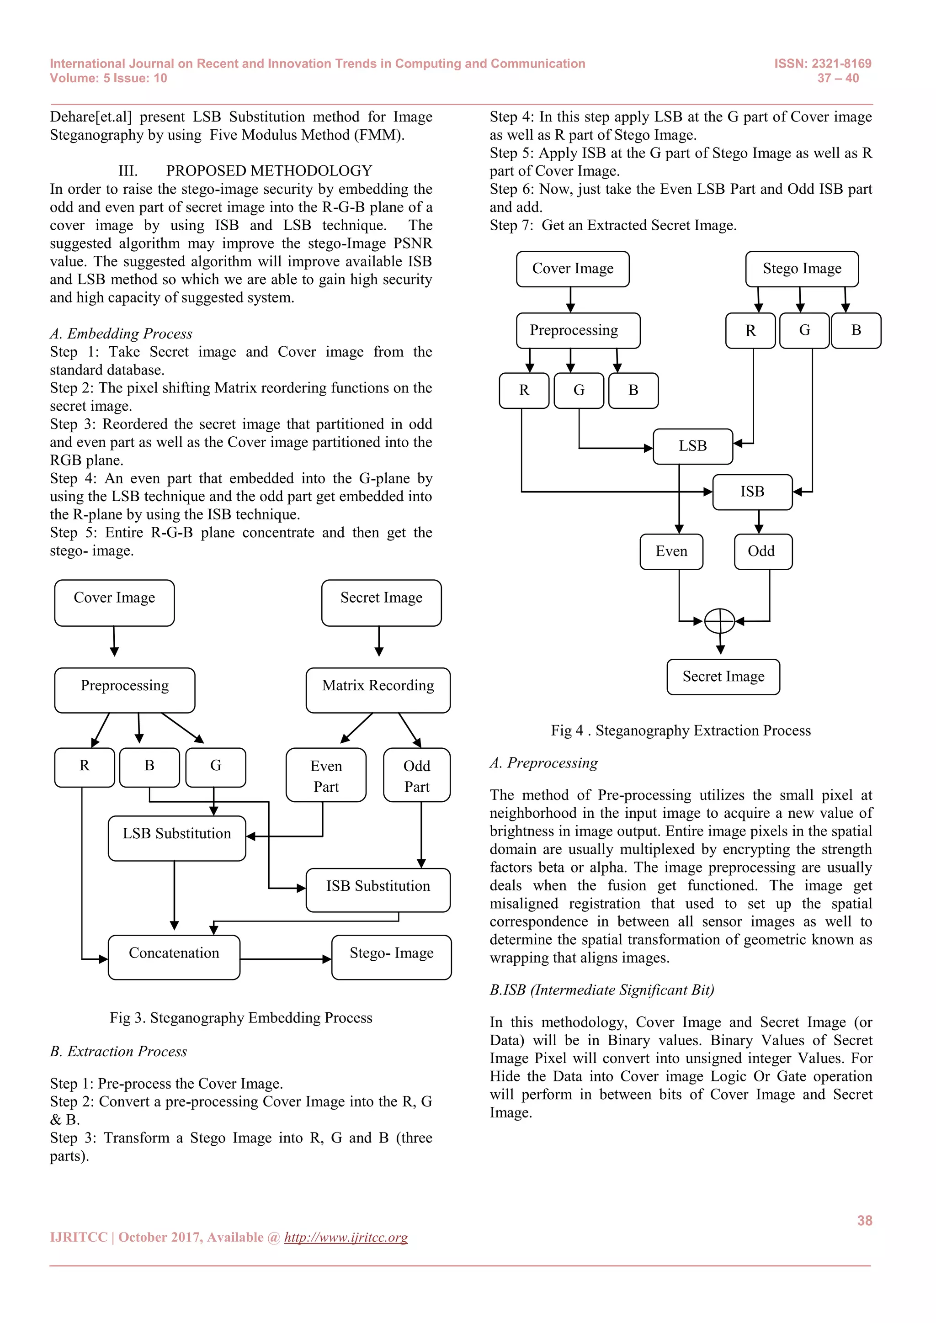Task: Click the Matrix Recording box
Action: click(x=378, y=690)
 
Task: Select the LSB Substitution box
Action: click(x=176, y=838)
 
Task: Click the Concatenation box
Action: click(x=174, y=957)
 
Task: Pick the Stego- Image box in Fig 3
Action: click(x=391, y=957)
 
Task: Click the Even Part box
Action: click(x=326, y=775)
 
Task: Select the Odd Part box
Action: click(x=417, y=775)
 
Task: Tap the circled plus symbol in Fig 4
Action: click(x=719, y=621)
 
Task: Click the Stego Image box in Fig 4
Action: click(x=802, y=269)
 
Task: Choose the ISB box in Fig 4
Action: click(x=752, y=492)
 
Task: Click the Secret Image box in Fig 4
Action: click(x=723, y=677)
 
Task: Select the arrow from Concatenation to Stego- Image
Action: click(x=286, y=959)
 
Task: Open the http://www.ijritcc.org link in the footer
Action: click(x=346, y=1237)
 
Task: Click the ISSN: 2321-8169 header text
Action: click(x=823, y=64)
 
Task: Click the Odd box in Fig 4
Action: click(x=762, y=551)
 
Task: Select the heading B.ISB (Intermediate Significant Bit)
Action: click(x=602, y=990)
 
